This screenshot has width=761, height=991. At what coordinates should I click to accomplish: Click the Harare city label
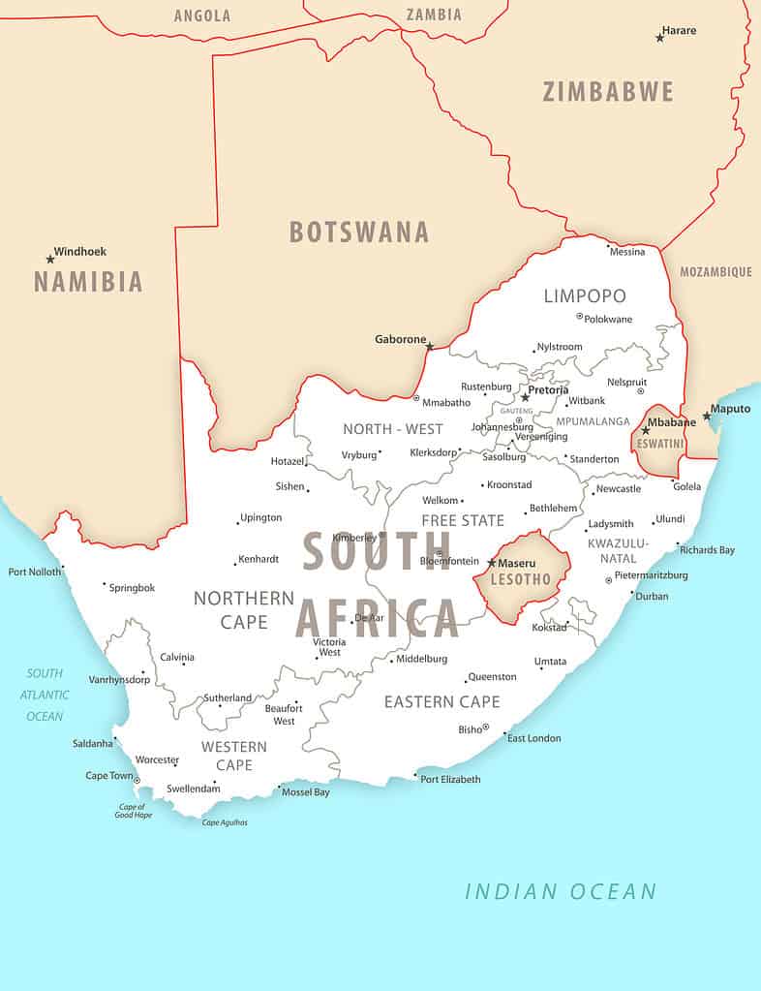pos(679,31)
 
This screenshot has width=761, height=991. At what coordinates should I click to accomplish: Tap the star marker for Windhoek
pos(50,259)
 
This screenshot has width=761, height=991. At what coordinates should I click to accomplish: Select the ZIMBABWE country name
pos(607,92)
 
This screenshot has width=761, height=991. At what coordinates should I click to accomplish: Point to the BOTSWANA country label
pos(358,232)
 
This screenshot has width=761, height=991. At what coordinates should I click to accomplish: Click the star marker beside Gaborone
pos(430,347)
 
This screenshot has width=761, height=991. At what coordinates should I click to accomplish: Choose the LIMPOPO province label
pos(585,295)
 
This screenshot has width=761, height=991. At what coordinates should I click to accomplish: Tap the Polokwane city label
pos(609,319)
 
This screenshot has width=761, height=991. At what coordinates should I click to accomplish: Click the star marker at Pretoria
pos(525,397)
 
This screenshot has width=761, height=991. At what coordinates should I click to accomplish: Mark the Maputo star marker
pos(707,417)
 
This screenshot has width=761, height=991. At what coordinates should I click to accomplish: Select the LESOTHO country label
pos(521,579)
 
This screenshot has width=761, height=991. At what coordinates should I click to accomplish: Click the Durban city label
pos(652,597)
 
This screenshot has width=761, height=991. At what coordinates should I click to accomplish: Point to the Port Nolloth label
pos(34,572)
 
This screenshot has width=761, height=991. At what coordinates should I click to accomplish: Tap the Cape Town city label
pos(109,776)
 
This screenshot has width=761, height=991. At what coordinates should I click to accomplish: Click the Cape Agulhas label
pos(225,822)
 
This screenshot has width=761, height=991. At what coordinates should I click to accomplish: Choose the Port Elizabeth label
pos(450,779)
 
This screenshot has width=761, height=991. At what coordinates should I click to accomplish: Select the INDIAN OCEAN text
pos(561,891)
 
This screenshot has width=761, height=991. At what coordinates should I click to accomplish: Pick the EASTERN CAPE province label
pos(441,701)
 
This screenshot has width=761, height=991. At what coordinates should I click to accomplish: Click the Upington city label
pos(261,518)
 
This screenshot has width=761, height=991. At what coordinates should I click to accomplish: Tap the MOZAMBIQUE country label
pos(715,272)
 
